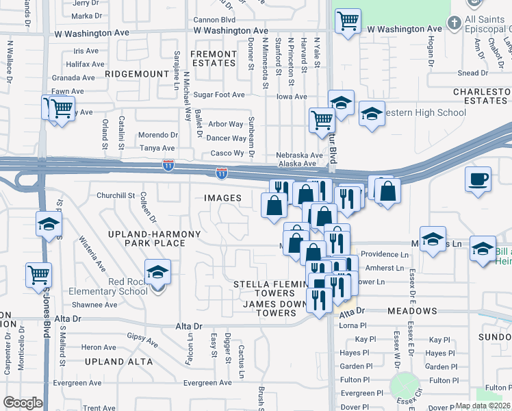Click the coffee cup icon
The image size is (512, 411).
(478, 179)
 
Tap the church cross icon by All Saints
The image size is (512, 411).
(453, 23)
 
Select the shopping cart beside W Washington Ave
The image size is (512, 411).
(348, 21)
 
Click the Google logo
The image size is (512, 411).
(23, 403)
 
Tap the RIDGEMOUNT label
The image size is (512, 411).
(138, 73)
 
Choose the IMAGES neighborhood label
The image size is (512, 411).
(223, 198)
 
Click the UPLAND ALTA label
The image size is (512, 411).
(114, 361)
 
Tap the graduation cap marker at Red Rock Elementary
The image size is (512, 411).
(157, 272)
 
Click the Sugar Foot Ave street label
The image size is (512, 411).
(219, 95)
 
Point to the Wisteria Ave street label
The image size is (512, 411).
(93, 252)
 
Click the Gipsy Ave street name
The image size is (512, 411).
(143, 337)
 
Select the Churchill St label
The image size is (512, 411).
(116, 195)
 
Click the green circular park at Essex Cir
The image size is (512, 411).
(405, 386)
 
